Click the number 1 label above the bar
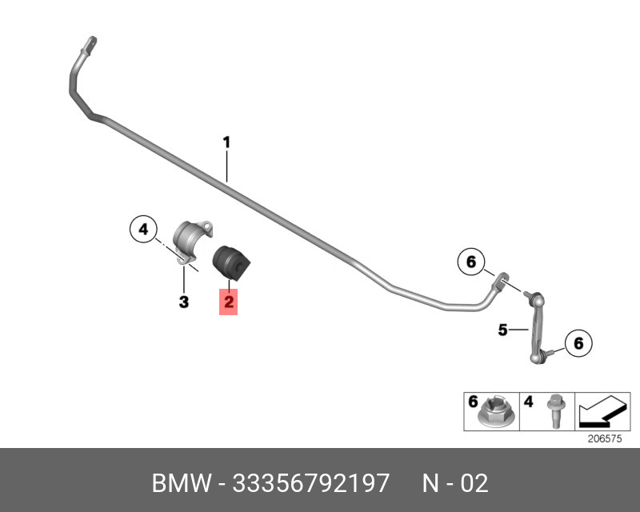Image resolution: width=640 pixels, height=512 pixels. tap(226, 142)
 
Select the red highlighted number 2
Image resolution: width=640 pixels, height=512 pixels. tap(229, 302)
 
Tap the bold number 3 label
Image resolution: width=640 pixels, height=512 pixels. tap(183, 302)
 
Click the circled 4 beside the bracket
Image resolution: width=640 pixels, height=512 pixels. tap(143, 230)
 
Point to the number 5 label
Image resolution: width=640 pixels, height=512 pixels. tap(503, 329)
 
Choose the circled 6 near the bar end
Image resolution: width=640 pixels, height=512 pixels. tap(470, 261)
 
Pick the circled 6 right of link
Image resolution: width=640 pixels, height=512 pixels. tap(578, 343)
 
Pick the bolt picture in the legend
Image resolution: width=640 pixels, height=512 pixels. tap(552, 412)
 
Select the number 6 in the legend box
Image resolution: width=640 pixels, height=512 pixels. tap(473, 401)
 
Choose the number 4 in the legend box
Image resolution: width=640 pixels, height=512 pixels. tap(528, 401)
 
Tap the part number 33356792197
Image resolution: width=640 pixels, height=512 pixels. tap(310, 483)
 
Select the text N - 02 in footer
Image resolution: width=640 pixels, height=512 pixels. tap(454, 483)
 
